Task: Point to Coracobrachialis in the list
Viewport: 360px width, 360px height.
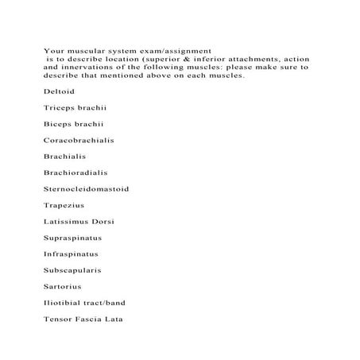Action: (79, 140)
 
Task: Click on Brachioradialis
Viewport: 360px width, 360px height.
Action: (75, 172)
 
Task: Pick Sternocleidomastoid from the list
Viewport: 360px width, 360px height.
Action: (86, 188)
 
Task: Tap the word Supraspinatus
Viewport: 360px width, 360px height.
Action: (73, 238)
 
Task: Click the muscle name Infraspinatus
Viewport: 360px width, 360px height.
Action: (72, 254)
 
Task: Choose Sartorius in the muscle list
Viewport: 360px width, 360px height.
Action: (63, 286)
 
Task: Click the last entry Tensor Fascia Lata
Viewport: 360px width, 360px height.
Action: (83, 319)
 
